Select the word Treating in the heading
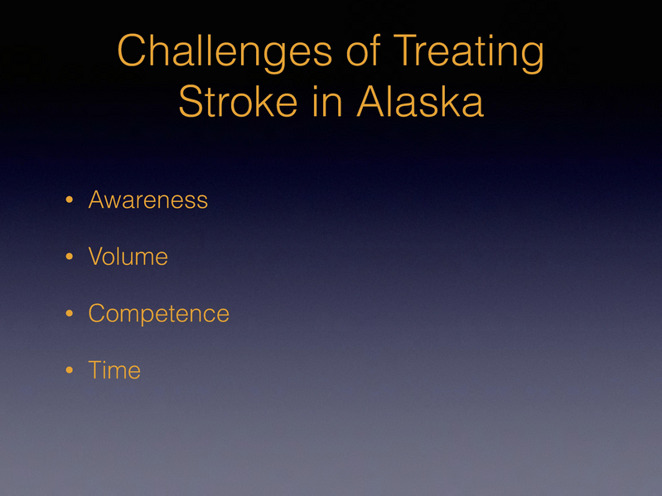(x=469, y=53)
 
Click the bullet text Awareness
(x=147, y=200)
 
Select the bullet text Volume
(x=128, y=258)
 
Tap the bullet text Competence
(x=158, y=314)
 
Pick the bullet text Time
(x=114, y=370)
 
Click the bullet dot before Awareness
(x=70, y=201)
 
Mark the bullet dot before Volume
(x=70, y=258)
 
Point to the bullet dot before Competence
(x=70, y=315)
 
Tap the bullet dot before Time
(x=70, y=371)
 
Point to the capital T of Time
(x=94, y=370)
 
